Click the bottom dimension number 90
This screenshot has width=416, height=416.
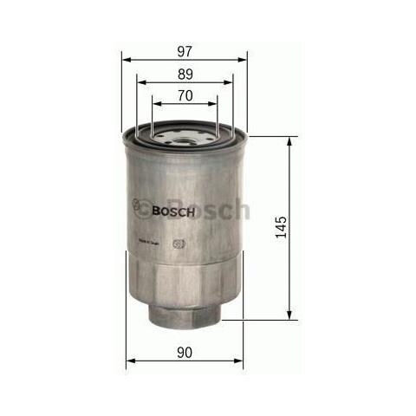[184, 351]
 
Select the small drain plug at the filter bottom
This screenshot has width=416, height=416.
[184, 314]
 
